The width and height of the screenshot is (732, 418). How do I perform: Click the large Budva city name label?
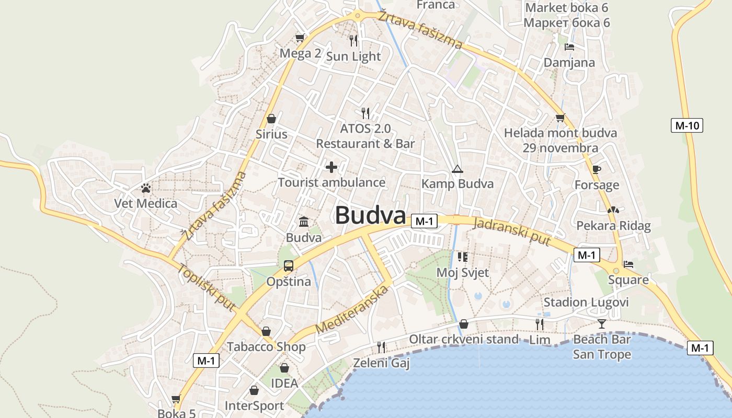(x=370, y=215)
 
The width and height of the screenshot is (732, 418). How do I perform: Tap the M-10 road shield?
(x=687, y=125)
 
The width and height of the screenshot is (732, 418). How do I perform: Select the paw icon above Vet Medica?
(x=146, y=188)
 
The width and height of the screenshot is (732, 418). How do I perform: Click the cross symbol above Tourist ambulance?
(x=331, y=167)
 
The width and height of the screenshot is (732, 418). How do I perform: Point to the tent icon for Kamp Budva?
(x=458, y=169)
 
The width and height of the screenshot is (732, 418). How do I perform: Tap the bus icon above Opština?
(x=288, y=266)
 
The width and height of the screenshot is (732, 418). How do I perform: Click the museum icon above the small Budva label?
(x=304, y=222)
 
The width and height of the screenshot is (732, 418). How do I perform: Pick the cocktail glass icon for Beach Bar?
(x=602, y=324)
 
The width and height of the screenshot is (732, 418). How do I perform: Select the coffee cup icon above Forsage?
(x=597, y=169)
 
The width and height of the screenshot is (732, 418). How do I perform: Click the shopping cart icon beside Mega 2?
(x=300, y=38)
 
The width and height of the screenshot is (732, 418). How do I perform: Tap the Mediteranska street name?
(x=354, y=310)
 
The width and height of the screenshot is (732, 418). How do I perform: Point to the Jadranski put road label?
(x=511, y=231)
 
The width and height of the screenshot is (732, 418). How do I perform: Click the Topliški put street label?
(x=206, y=288)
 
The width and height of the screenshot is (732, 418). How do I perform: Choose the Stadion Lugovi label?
(x=586, y=303)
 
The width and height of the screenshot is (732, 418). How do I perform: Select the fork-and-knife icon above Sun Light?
(x=353, y=40)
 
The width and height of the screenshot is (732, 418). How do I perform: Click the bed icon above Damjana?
(x=569, y=47)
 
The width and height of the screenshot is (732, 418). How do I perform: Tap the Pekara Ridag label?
(x=613, y=226)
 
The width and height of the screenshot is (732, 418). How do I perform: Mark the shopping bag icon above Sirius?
(x=271, y=119)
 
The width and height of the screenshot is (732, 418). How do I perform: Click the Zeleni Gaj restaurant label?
(x=381, y=363)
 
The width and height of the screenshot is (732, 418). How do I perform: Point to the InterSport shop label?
(x=254, y=406)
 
